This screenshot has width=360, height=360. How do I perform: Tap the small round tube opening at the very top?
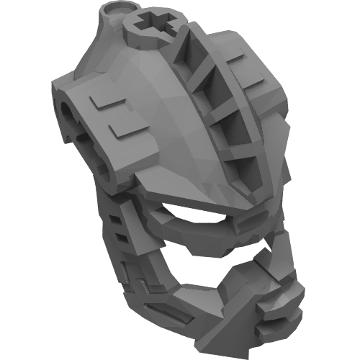pyautogui.click(x=113, y=12)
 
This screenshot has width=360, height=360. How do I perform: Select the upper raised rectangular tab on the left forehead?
pyautogui.click(x=109, y=104)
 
